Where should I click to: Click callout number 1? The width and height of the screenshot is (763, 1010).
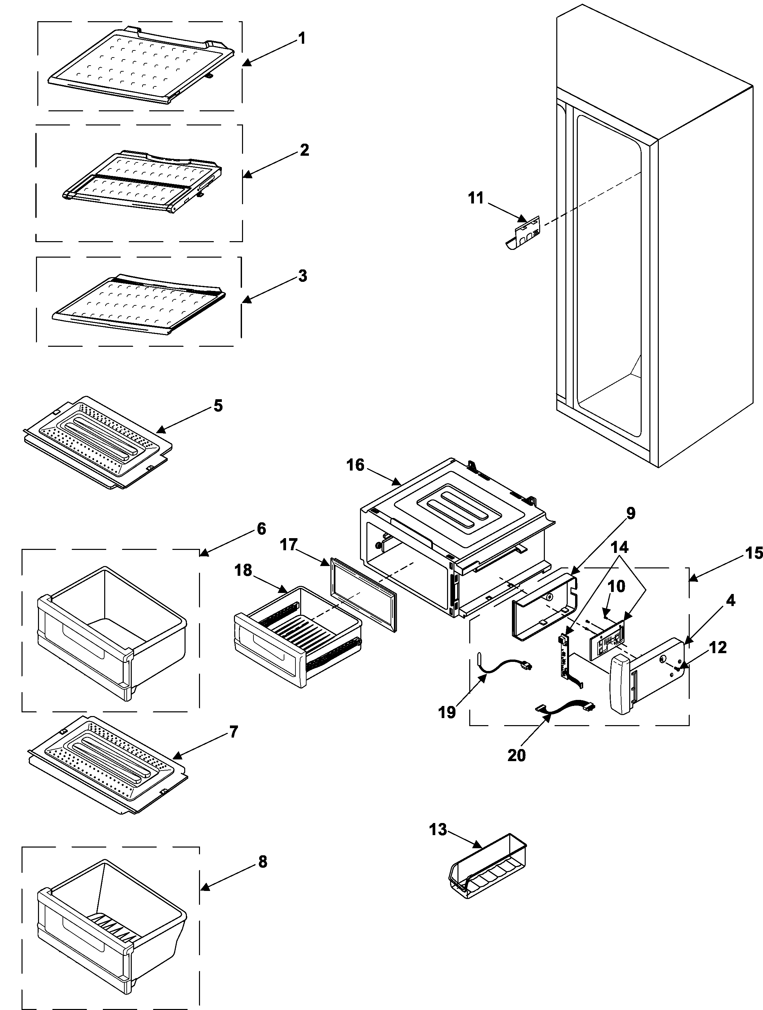301,38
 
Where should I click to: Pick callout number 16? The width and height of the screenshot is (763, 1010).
356,465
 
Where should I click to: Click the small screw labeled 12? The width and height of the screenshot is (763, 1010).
678,668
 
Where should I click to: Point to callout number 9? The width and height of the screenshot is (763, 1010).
630,513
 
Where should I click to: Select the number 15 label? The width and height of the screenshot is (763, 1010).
753,553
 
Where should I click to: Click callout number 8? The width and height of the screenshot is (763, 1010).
263,862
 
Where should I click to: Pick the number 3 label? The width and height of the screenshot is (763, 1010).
303,276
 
